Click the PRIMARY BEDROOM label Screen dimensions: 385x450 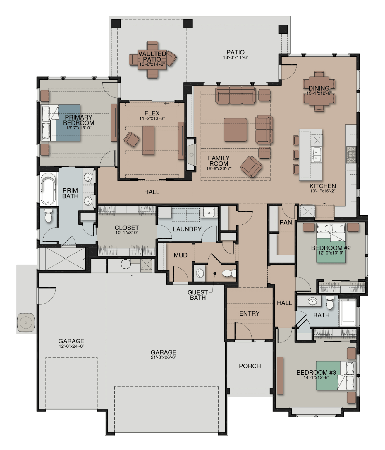[x=78, y=120]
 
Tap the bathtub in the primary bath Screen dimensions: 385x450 [x=49, y=189]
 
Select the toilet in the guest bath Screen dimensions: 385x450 [x=229, y=273]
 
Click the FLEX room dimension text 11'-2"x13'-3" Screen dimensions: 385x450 [x=152, y=119]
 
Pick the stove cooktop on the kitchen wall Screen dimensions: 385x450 [x=351, y=155]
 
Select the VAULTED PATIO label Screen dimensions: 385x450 [x=152, y=56]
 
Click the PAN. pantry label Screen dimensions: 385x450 [x=286, y=222]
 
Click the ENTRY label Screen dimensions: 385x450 [x=249, y=313]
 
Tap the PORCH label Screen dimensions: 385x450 [x=250, y=366]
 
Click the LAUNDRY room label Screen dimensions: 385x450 [x=187, y=229]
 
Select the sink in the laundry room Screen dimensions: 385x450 [x=209, y=212]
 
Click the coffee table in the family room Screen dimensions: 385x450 [x=235, y=130]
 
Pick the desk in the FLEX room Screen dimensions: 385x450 [x=148, y=140]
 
